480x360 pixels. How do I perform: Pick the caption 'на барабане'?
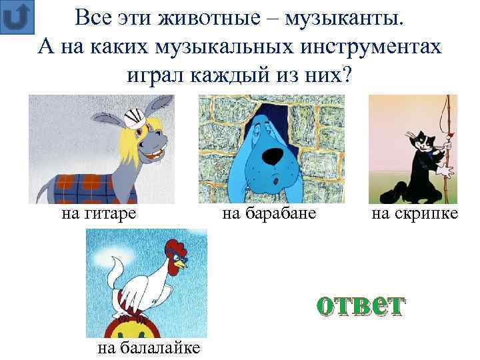pos(269,214)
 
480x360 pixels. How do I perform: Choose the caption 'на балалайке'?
pos(149,348)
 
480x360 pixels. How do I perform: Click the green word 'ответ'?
pos(359,305)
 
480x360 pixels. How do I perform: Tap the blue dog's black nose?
pos(271,155)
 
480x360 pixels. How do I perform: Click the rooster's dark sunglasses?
pos(179,266)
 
